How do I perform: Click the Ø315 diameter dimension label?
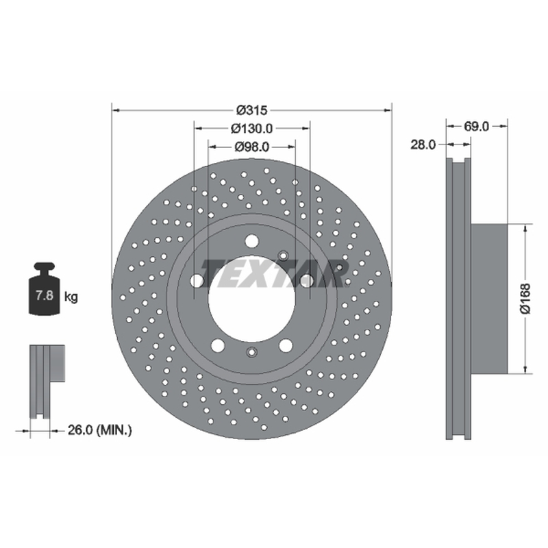[x=251, y=110]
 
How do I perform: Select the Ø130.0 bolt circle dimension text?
[x=251, y=129]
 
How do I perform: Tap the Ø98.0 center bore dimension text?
[x=251, y=147]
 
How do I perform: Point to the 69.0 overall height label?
[x=476, y=126]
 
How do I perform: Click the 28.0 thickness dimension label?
[x=423, y=145]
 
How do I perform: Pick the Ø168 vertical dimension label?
[x=525, y=299]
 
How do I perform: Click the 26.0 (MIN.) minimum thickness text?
[x=99, y=430]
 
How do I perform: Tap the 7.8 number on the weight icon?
[x=45, y=295]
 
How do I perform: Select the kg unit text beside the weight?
[x=71, y=297]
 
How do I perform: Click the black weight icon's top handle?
[x=45, y=267]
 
